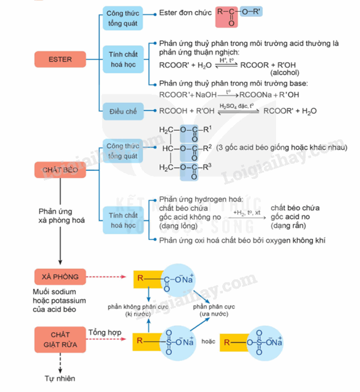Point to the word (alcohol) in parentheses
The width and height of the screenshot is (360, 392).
click(284, 73)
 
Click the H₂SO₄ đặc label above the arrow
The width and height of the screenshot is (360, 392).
click(237, 106)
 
